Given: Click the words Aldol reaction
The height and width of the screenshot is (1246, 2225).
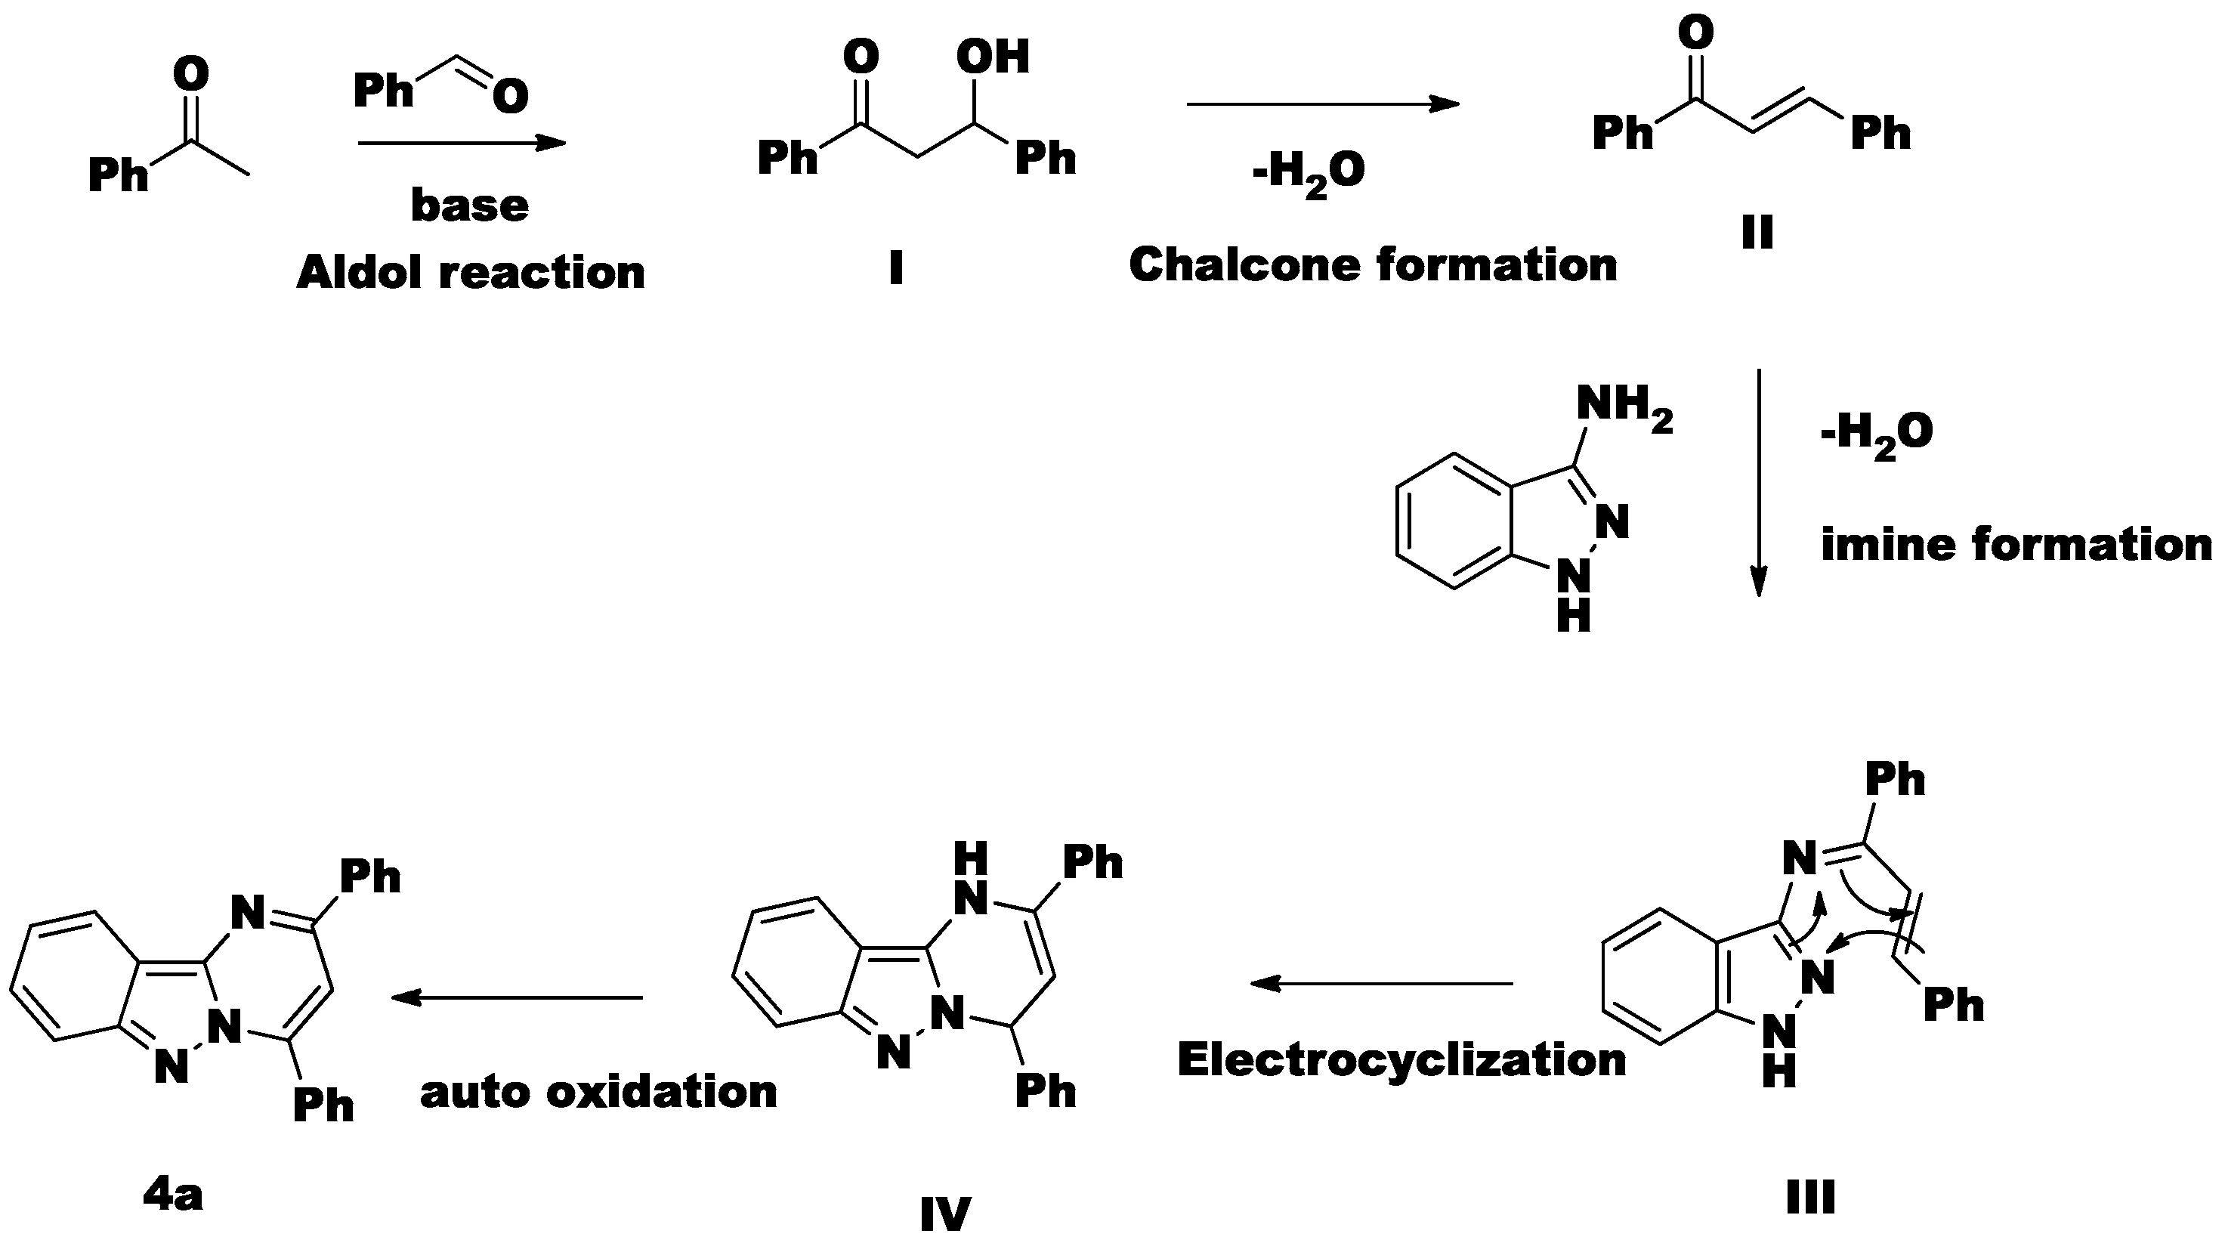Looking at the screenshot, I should click(x=471, y=273).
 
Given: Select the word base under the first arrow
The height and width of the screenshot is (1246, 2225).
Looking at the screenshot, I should click(x=469, y=206).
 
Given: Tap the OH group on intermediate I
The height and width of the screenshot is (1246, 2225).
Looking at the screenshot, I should click(x=993, y=57).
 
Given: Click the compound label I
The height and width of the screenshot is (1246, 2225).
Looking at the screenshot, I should click(x=896, y=269).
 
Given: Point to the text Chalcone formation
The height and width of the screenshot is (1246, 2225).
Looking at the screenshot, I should click(x=1373, y=264).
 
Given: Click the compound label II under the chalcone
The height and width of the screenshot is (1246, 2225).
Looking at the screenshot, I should click(x=1757, y=231).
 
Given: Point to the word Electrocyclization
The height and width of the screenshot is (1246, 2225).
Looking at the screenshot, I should click(x=1401, y=1059).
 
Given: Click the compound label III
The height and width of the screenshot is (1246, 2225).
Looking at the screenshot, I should click(x=1809, y=1198).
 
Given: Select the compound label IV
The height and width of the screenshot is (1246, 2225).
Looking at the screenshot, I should click(x=945, y=1215).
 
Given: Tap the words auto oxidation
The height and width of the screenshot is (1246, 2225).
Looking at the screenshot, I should click(x=598, y=1092).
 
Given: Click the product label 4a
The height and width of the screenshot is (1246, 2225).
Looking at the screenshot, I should click(x=173, y=1196).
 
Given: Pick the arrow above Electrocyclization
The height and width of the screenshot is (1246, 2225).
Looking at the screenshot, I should click(x=1382, y=983).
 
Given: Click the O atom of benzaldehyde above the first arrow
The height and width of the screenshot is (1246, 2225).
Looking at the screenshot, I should click(x=511, y=96).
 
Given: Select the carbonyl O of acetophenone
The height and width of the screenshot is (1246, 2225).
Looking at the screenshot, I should click(x=191, y=73).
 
